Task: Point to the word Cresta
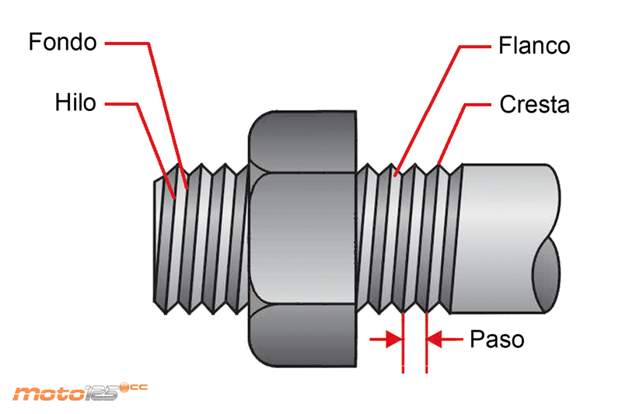pyautogui.click(x=534, y=104)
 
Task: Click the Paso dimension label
pyautogui.click(x=497, y=339)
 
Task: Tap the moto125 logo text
pyautogui.click(x=66, y=393)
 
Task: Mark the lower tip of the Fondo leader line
pyautogui.click(x=187, y=186)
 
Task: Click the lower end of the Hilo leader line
pyautogui.click(x=174, y=197)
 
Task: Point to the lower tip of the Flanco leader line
pyautogui.click(x=397, y=174)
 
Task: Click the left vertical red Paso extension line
pyautogui.click(x=404, y=342)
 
